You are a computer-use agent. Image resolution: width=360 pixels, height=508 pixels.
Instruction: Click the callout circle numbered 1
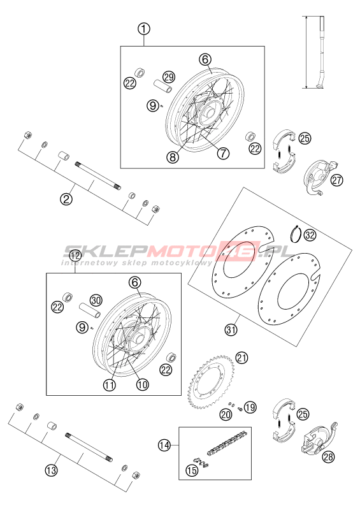click(144, 29)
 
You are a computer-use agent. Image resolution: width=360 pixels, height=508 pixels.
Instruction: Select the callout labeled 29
click(169, 76)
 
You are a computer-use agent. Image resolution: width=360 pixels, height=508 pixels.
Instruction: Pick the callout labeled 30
click(96, 300)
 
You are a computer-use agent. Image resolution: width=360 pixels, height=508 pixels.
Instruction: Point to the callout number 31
click(231, 330)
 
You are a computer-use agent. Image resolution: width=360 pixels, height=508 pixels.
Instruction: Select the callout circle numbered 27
click(336, 180)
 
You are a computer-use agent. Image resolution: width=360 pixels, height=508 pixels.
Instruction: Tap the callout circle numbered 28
click(328, 457)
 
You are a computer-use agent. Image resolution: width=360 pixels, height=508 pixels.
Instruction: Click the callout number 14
click(164, 445)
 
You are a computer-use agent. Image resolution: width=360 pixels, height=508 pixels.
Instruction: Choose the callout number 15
click(192, 470)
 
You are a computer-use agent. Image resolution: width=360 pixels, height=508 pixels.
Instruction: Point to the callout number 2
click(66, 199)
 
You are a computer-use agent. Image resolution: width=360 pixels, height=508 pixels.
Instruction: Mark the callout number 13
click(51, 470)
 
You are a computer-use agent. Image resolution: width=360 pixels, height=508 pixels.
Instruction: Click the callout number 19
click(250, 407)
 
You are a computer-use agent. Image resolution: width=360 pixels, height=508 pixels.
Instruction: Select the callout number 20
click(226, 414)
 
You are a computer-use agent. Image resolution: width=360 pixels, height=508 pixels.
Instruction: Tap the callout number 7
click(223, 153)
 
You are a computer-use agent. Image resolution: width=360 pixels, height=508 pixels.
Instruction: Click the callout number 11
click(110, 385)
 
